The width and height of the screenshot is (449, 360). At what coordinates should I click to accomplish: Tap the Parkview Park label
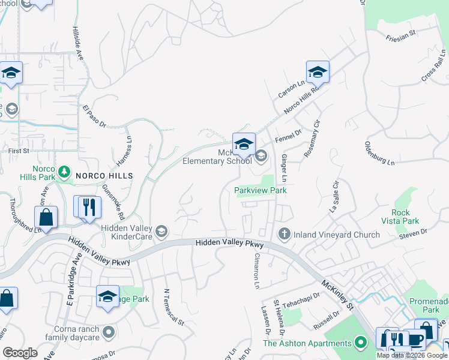(x=261, y=190)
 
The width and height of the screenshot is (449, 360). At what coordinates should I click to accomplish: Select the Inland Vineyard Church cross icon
(x=284, y=234)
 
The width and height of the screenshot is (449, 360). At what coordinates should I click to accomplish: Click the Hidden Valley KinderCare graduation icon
(x=161, y=232)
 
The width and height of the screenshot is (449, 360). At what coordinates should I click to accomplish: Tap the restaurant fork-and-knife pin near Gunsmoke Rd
(x=89, y=207)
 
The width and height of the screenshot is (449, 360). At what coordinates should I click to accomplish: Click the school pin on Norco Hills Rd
(x=317, y=73)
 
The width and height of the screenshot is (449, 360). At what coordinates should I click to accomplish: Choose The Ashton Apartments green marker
(x=360, y=343)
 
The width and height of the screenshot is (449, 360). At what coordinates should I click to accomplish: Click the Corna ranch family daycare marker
(x=109, y=331)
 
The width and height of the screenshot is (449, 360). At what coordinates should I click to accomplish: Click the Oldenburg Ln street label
(x=380, y=154)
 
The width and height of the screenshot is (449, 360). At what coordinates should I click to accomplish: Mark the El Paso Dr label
(x=94, y=116)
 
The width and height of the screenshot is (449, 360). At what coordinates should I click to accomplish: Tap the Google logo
(x=20, y=352)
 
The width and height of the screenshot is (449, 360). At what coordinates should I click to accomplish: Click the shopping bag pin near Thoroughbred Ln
(x=45, y=217)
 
